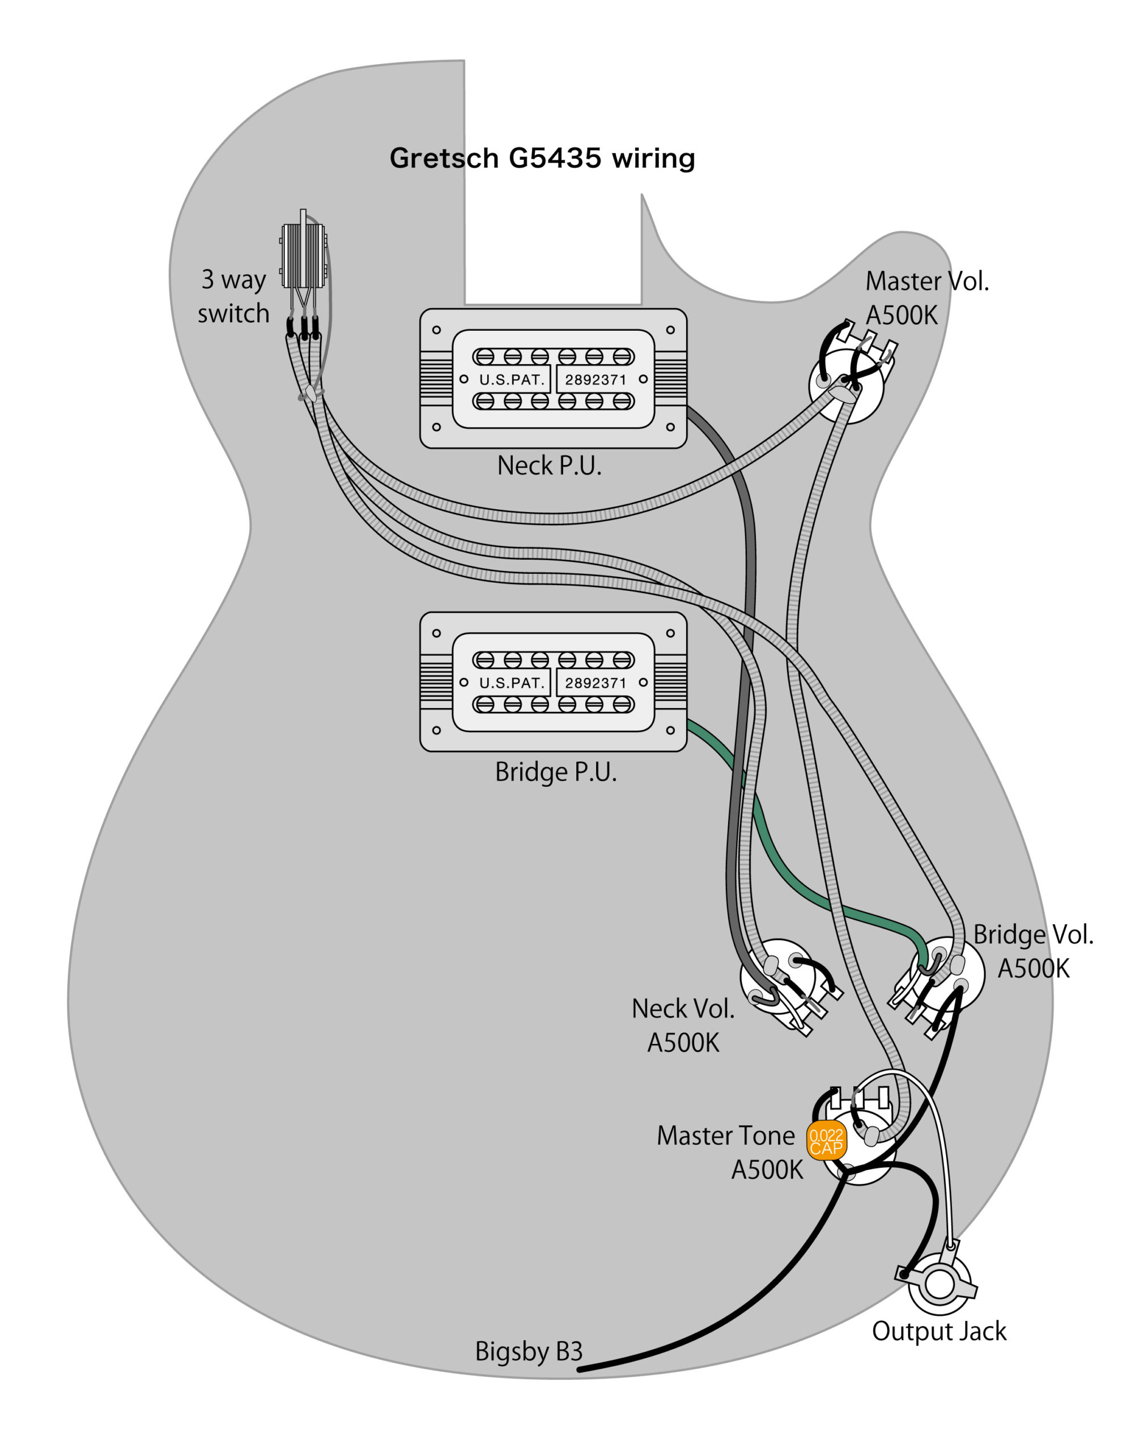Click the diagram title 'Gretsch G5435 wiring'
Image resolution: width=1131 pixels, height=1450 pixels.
pos(542,159)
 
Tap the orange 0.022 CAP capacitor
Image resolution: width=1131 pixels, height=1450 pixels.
pos(826,1141)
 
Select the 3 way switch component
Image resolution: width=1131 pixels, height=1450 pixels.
pos(304,255)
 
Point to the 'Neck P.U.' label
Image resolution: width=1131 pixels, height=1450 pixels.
pos(549,466)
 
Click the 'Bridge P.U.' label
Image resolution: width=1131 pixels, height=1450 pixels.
pos(556,772)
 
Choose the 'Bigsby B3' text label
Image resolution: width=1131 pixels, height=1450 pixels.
pos(529,1351)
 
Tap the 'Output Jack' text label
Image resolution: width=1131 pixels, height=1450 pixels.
pos(939,1331)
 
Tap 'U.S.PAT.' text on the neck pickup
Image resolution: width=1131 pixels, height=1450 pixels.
pos(511,379)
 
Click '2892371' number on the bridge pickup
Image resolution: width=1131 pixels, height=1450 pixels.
pos(596,683)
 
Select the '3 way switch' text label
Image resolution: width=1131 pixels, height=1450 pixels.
pos(234,297)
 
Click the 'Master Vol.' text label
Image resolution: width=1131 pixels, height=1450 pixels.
pos(927,282)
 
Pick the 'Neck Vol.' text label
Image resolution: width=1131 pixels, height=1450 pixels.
pos(683,1009)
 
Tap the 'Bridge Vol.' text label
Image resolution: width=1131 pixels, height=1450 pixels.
pos(1034,935)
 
